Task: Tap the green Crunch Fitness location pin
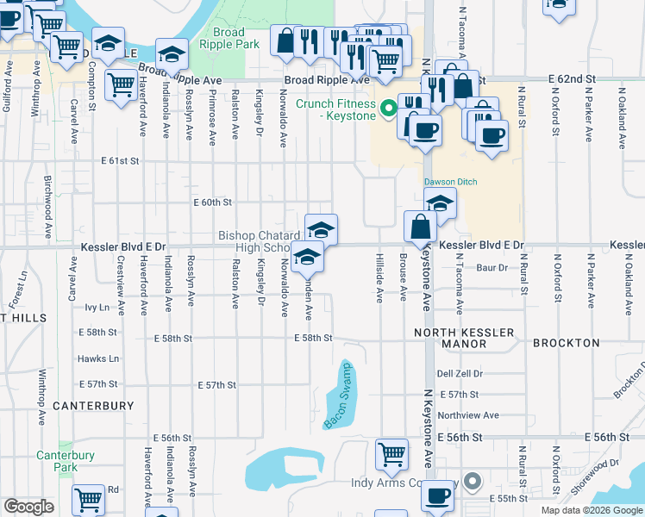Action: point(388,109)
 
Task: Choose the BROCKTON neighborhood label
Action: point(566,343)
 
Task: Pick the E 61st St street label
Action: point(119,161)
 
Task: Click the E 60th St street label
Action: point(212,202)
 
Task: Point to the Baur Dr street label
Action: point(492,268)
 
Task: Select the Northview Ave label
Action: point(468,415)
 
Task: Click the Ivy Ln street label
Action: point(97,307)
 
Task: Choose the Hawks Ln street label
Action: point(97,358)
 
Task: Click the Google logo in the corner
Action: point(28,507)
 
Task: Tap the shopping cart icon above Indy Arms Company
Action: point(392,453)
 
